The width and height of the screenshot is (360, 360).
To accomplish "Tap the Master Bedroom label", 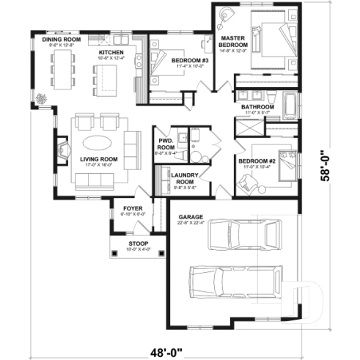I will pyautogui.click(x=234, y=41).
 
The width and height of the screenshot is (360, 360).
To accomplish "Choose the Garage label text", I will pyautogui.click(x=191, y=217).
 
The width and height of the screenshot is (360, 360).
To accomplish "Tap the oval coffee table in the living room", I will pyautogui.click(x=98, y=142).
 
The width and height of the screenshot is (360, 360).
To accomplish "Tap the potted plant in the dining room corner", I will pyautogui.click(x=42, y=100).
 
